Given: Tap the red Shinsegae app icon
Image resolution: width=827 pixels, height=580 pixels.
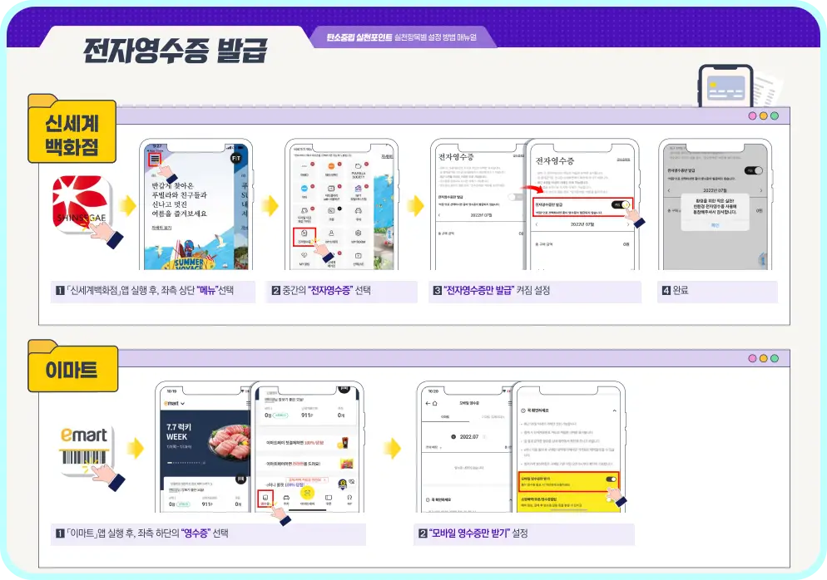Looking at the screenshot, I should coord(81,204).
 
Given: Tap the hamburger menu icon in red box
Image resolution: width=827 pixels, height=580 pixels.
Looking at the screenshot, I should coord(155,159).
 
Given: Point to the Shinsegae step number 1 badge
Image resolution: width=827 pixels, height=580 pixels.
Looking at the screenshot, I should coord(60,291).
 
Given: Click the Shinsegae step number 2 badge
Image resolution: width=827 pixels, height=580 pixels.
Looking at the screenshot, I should coord(276,291).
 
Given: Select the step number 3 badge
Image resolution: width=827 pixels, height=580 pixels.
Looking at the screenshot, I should coord(437,291).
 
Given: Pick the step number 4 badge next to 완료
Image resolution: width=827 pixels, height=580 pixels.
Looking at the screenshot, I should coord(666,291).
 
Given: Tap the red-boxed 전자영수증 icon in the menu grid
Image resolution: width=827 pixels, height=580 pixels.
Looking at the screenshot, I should coord(305,237).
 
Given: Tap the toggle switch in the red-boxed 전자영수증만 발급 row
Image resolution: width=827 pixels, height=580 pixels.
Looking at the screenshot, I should coord(620,204).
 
